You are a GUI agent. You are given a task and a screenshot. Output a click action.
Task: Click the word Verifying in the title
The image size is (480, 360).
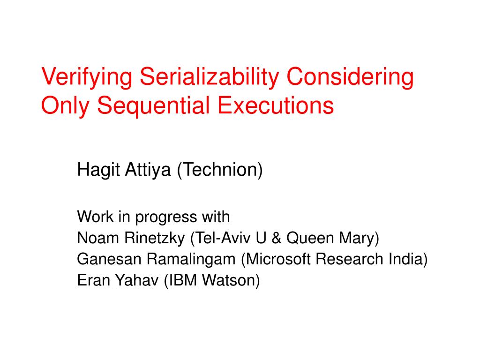[x=87, y=77]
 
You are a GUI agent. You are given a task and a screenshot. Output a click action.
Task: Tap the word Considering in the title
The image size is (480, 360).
[x=350, y=77]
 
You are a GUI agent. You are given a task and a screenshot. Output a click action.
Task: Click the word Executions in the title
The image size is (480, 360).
[x=276, y=105]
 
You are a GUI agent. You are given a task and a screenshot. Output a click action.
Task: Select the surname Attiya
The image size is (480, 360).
[x=148, y=170]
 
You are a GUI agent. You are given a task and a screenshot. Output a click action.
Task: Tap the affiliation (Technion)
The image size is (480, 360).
[x=220, y=170]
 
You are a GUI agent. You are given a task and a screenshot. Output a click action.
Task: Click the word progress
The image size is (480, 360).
[x=165, y=217]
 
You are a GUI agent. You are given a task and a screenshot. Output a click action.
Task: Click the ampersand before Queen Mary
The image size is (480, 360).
[x=277, y=238]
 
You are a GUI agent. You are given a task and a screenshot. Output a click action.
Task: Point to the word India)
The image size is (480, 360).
[x=408, y=259]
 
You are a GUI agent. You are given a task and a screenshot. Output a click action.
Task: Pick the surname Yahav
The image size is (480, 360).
[x=137, y=280]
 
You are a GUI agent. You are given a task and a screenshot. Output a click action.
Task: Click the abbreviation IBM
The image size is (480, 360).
[x=180, y=280]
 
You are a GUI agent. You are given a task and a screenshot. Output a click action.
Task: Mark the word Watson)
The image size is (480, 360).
[x=231, y=280]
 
